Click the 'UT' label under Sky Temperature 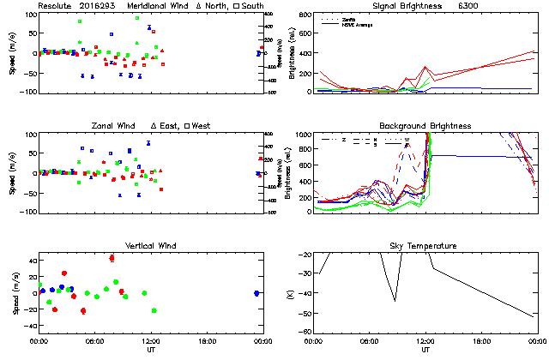click(425, 350)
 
